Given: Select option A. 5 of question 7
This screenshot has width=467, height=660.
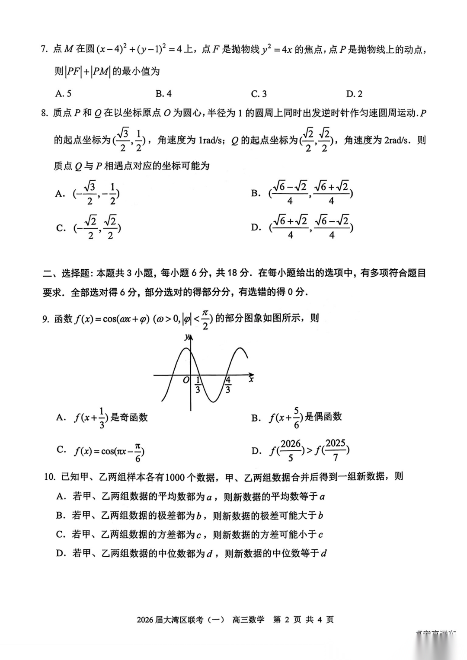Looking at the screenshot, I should [x=64, y=93].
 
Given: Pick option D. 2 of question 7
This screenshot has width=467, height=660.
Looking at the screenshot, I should [x=354, y=93].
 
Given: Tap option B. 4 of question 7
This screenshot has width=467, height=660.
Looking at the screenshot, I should [x=163, y=93].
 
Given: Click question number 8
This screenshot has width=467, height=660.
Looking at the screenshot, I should [x=44, y=113].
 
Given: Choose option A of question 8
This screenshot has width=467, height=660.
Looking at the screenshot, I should [x=88, y=193].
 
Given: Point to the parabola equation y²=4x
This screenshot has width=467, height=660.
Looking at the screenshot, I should [x=277, y=50].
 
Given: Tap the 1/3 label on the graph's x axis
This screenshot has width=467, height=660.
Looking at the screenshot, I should [x=198, y=385].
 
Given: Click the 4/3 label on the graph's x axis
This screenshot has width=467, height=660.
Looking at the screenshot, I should [x=228, y=385].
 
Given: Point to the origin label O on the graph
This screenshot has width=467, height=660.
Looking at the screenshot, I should [x=186, y=380].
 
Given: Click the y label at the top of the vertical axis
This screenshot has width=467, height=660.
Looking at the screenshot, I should [x=186, y=337].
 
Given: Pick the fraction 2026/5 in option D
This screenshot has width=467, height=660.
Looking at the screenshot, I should [x=291, y=450].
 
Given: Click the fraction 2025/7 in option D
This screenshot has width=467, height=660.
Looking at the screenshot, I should [x=336, y=450].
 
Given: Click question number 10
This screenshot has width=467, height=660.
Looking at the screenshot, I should [x=50, y=477].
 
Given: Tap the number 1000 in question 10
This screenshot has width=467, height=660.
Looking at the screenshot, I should [x=175, y=477].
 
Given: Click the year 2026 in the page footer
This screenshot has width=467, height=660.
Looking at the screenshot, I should [x=145, y=620].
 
